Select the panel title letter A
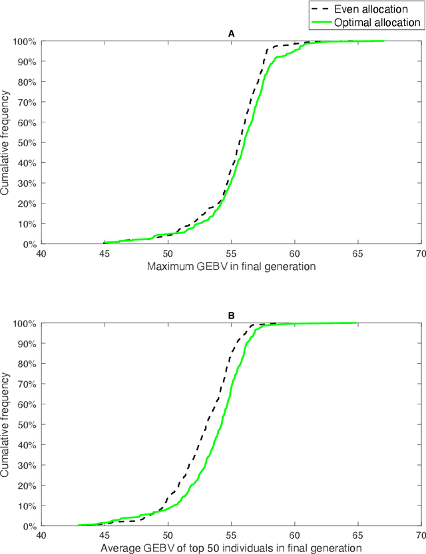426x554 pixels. (231, 33)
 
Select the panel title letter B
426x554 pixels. (231, 316)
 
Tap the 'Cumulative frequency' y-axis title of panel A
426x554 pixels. (6, 142)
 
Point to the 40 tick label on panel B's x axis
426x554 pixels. (41, 535)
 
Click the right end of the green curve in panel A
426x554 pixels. (383, 41)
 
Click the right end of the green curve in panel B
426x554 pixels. (356, 323)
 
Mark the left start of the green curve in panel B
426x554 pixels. (79, 525)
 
